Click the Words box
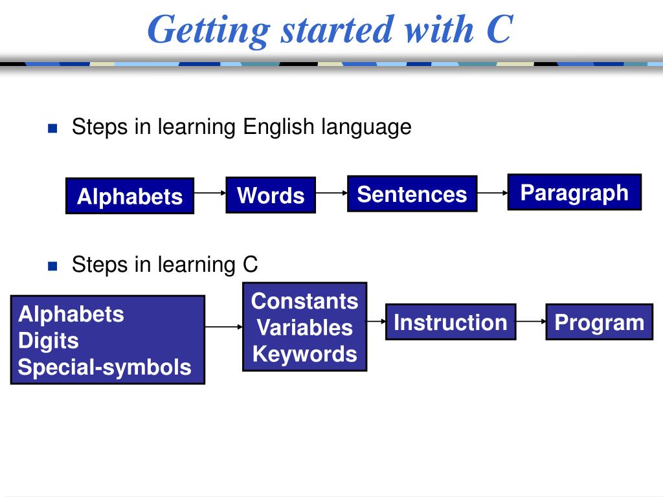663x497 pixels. pyautogui.click(x=271, y=195)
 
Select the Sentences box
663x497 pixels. pyautogui.click(x=412, y=193)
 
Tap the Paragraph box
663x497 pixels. pyautogui.click(x=574, y=192)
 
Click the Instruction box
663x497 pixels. pyautogui.click(x=451, y=322)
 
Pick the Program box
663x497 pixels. pyautogui.click(x=600, y=322)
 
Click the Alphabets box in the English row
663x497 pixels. pyautogui.click(x=129, y=195)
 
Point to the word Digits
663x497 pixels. pyautogui.click(x=49, y=340)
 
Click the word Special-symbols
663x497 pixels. pyautogui.click(x=104, y=367)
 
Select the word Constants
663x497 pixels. pyautogui.click(x=304, y=301)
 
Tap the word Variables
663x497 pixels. pyautogui.click(x=304, y=327)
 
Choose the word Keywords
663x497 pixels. pyautogui.click(x=304, y=354)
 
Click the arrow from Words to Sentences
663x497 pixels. pyautogui.click(x=331, y=193)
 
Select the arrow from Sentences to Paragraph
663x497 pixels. pyautogui.click(x=492, y=192)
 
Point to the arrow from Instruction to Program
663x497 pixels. pyautogui.click(x=531, y=321)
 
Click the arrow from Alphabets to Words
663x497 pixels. pyautogui.click(x=210, y=193)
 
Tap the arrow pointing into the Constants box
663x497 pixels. pyautogui.click(x=224, y=327)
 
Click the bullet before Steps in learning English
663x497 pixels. pyautogui.click(x=53, y=127)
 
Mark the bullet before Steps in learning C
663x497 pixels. pyautogui.click(x=53, y=265)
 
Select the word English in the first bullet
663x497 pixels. pyautogui.click(x=280, y=127)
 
